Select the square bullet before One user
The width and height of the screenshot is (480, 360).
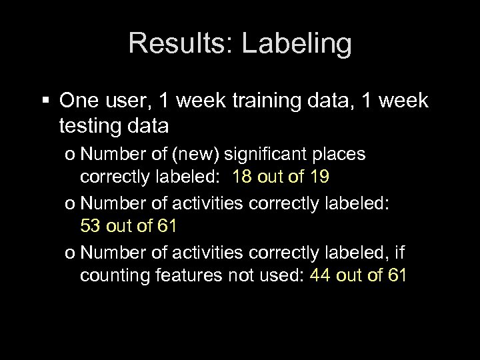click(x=46, y=101)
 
